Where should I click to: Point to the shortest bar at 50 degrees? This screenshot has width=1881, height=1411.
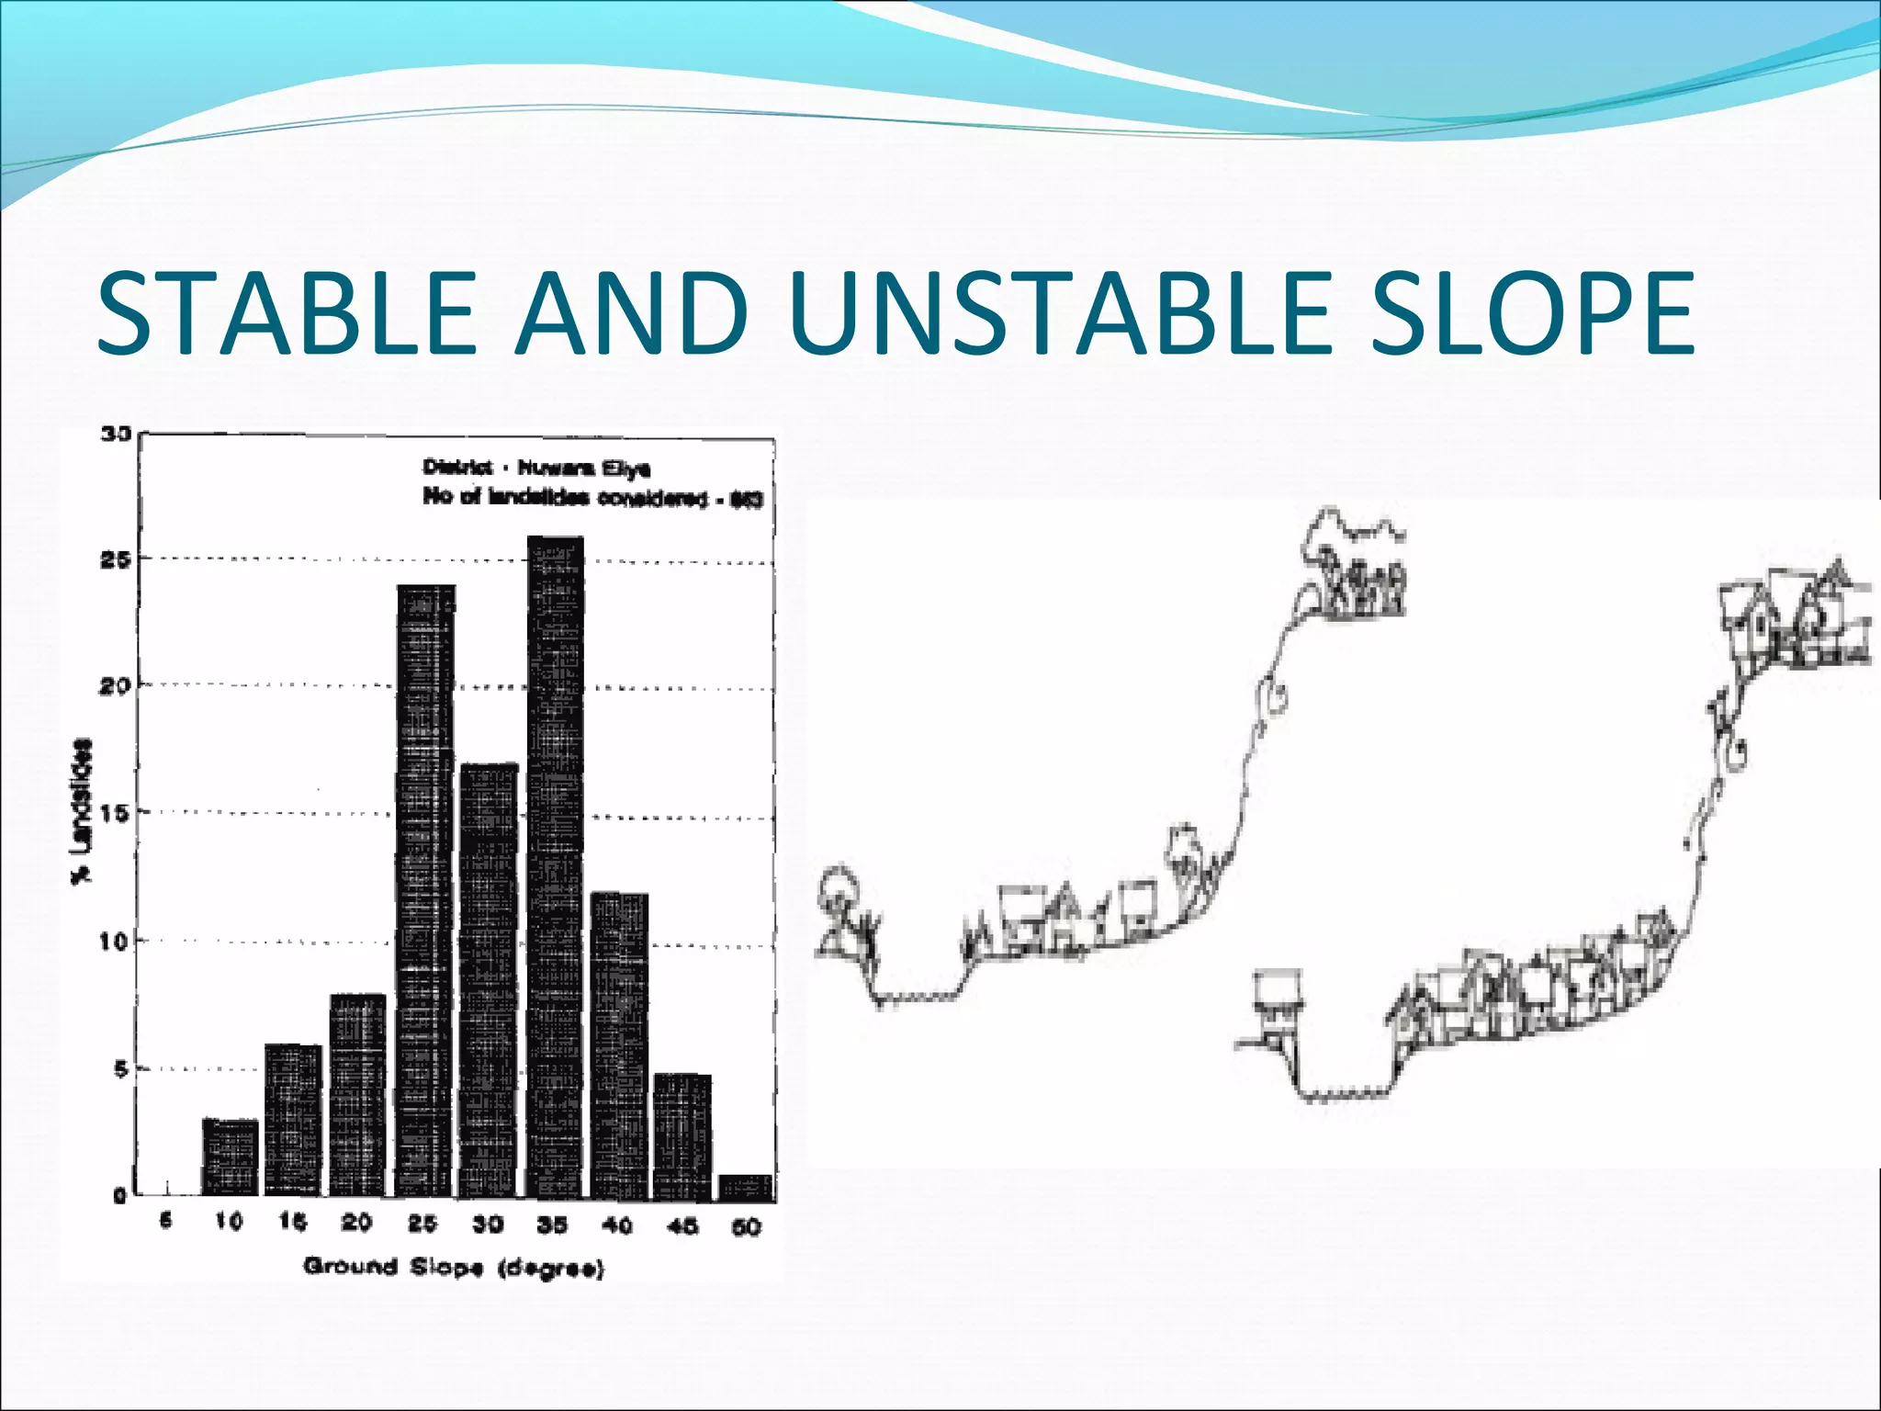pos(746,1187)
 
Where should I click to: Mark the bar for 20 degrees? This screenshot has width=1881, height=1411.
pos(357,1093)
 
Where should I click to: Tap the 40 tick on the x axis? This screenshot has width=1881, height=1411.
pos(617,1225)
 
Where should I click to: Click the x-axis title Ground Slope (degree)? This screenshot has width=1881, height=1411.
pos(454,1268)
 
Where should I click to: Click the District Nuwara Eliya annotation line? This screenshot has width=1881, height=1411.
pos(536,468)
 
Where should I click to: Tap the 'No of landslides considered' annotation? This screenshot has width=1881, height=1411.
pos(592,497)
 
